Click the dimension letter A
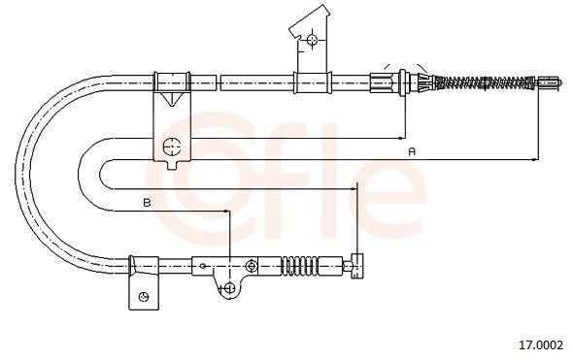(x=412, y=151)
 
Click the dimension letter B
(x=146, y=203)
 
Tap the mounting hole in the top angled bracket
(x=312, y=39)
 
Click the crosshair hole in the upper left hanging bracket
(x=171, y=147)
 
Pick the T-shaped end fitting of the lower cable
(x=357, y=263)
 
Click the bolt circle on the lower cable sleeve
(x=252, y=265)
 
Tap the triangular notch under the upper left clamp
(x=170, y=99)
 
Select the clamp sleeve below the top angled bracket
(x=305, y=83)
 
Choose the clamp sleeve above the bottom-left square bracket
(x=144, y=263)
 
